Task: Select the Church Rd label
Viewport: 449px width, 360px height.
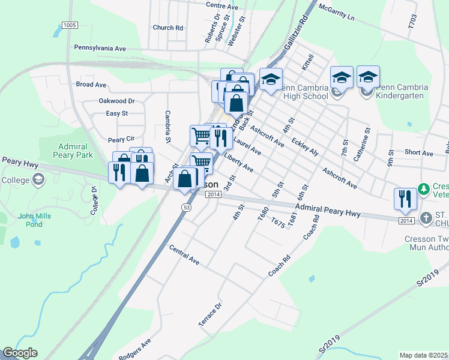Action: (x=167, y=28)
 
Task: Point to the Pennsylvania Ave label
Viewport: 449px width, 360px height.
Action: (x=100, y=47)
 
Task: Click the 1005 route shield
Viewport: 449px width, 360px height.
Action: (x=70, y=25)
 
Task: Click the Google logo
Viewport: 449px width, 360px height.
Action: (x=20, y=353)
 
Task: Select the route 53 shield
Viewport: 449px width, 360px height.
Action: (x=186, y=206)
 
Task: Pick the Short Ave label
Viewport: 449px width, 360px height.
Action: (x=418, y=153)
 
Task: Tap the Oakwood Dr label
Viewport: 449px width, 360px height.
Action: (x=116, y=101)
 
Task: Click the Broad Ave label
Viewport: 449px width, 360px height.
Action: (x=91, y=85)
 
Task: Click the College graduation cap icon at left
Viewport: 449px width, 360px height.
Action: (x=38, y=179)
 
